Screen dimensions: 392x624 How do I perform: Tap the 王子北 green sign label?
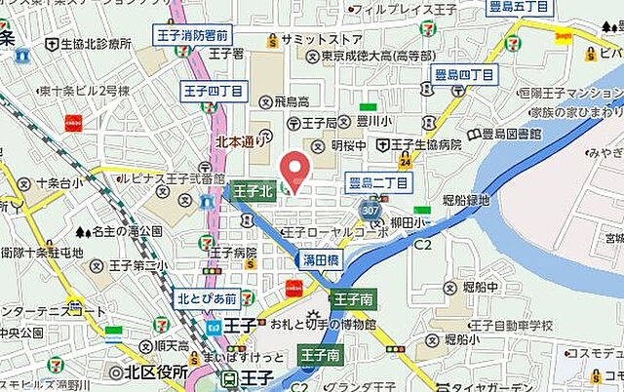click(253, 191)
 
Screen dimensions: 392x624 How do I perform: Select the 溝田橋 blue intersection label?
click(320, 262)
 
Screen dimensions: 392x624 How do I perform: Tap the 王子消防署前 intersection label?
click(219, 35)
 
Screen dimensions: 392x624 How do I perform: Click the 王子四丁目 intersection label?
click(210, 92)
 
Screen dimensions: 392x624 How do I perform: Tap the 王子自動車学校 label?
click(511, 324)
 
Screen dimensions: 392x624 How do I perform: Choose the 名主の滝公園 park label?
click(124, 232)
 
